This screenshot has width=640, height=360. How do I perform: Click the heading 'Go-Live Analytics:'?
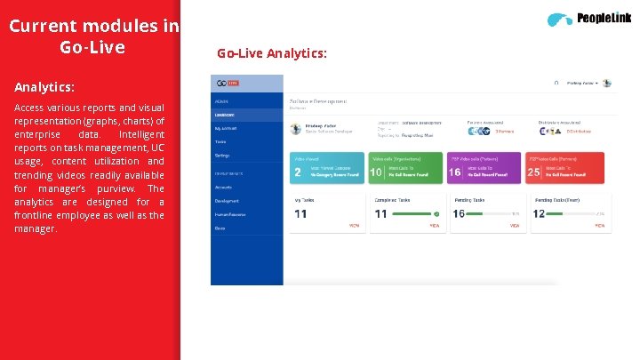[x=272, y=54]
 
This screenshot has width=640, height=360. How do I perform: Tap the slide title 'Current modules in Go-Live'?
[x=93, y=36]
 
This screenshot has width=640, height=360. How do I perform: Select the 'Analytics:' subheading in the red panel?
[x=44, y=88]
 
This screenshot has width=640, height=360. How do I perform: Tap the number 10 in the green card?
[x=376, y=172]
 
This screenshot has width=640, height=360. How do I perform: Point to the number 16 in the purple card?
[x=455, y=172]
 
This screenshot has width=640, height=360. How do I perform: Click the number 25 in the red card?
[x=534, y=172]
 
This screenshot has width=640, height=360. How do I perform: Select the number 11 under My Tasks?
[x=300, y=213]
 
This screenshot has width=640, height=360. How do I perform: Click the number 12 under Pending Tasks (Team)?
[x=539, y=213]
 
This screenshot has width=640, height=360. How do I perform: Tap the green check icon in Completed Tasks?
[x=436, y=214]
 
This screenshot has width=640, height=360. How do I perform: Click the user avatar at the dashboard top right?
[x=607, y=83]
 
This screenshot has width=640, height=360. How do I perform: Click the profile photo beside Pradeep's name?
[x=296, y=129]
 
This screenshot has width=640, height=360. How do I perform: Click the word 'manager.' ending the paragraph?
[x=36, y=228]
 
